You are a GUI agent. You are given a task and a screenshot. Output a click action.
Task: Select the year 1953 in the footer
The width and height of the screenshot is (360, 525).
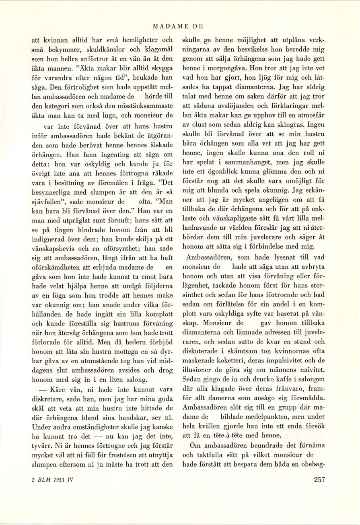click(x=57, y=479)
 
